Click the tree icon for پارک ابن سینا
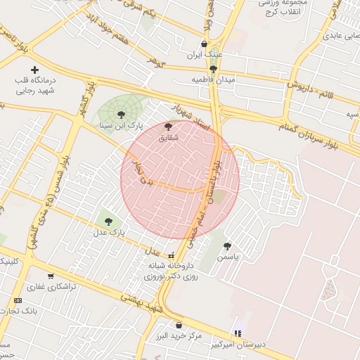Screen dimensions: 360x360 tap(121, 113)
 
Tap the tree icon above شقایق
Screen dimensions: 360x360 tap(167, 127)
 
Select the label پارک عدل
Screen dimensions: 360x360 tap(109, 231)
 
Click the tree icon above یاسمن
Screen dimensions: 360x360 tap(226, 246)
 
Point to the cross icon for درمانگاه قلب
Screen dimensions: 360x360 tap(34, 69)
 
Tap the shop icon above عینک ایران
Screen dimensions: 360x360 tap(205, 44)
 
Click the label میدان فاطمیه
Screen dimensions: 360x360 tap(213, 79)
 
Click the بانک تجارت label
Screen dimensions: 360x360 tap(20, 310)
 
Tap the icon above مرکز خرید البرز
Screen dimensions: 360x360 tap(179, 325)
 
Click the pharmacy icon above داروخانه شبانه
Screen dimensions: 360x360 tap(172, 255)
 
